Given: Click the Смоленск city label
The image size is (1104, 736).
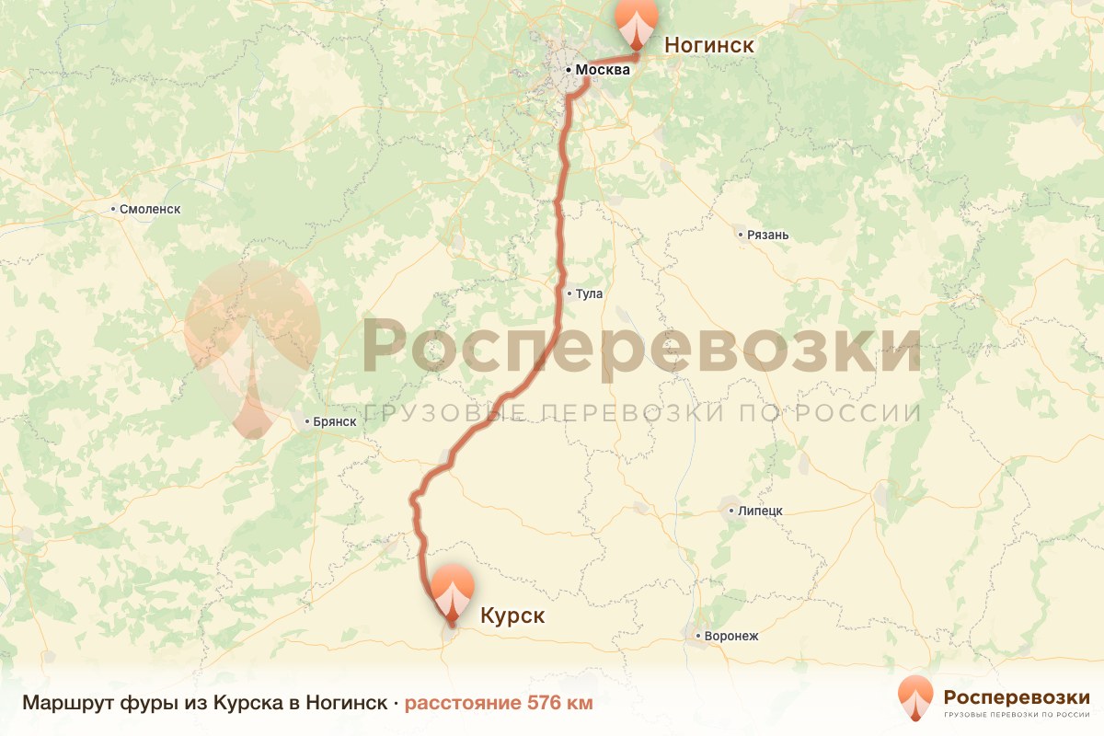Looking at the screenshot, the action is coord(150,209).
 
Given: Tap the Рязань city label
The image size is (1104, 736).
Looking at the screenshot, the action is coord(768,235).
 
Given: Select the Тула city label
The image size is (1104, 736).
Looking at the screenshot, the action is coord(589,294).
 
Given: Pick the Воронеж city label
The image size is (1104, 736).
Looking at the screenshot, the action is coord(731,636).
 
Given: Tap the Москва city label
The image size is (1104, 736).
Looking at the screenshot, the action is coord(604,70).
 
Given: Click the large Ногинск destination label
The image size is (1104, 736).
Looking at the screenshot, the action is coord(709,45).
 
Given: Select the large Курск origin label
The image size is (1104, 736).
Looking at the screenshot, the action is coord(512,615).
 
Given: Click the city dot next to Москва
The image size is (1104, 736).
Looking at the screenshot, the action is coord(569,70).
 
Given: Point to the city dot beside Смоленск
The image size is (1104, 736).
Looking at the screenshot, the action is coord(113,210).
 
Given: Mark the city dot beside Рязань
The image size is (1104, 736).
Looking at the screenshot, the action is coord(741,235).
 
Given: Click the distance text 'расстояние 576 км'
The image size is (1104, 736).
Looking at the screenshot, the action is coord(499,704).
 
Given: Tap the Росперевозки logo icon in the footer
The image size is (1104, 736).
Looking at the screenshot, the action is coord(915,697).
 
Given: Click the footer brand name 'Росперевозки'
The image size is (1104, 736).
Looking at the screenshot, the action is coord(1017,696).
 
